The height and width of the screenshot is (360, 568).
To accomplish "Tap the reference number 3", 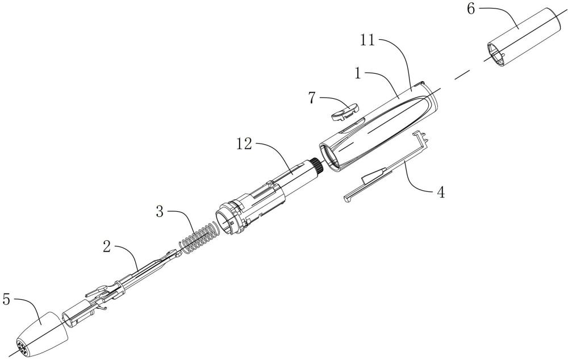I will (160, 213).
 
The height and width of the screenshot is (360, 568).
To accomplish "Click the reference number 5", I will (7, 299).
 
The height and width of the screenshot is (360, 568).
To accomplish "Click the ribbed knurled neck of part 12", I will (315, 167).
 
